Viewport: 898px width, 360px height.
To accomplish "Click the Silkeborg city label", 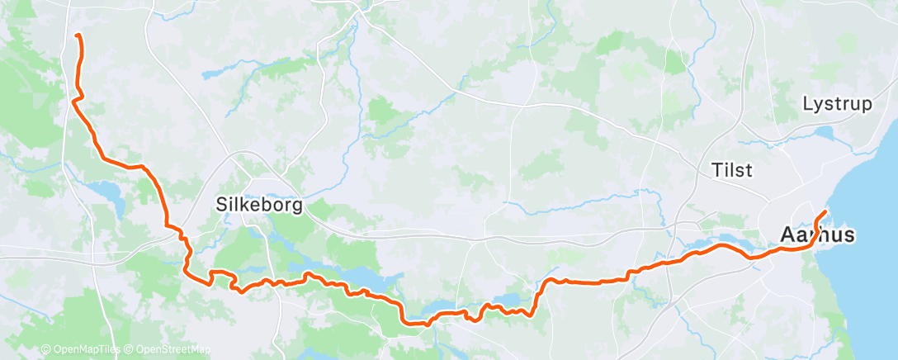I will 258,204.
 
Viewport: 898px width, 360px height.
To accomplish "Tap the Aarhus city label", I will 817,236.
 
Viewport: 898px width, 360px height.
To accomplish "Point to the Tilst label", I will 731,171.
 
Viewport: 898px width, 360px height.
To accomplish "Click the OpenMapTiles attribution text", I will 84,350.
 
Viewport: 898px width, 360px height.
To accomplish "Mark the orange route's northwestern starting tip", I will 77,36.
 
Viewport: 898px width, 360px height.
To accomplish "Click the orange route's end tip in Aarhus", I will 826,214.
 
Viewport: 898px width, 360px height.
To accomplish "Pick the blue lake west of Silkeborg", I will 110,195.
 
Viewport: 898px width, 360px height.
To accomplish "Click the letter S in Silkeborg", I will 221,204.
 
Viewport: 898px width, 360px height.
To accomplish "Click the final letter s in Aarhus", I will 848,236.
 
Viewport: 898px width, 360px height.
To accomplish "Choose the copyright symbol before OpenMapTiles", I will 45,350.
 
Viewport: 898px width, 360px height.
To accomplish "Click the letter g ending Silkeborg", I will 297,206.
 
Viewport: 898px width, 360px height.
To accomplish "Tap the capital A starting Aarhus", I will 787,236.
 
